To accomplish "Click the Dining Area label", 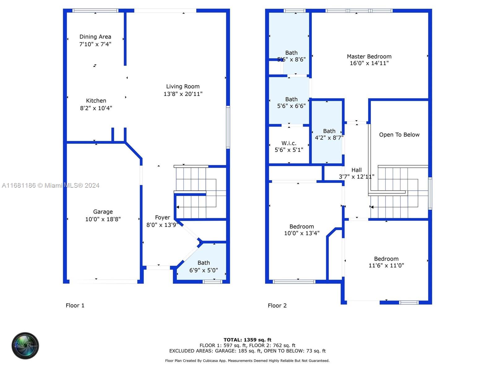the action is click(95, 37).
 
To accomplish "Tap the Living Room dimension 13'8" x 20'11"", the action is click(183, 94).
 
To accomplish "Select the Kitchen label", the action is click(96, 101).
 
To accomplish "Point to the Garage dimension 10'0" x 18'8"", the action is click(103, 219).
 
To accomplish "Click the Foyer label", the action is click(162, 217).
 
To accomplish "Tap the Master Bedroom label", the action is click(369, 57).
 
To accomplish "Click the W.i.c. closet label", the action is click(289, 143).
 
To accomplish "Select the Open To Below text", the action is click(399, 135).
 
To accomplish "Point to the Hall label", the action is click(356, 170).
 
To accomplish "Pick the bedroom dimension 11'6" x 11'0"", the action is click(386, 266).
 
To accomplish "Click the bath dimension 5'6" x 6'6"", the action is click(291, 106).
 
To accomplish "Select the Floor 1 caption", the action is click(75, 305).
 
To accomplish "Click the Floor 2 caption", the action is click(277, 306).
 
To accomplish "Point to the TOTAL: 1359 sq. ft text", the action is click(247, 340).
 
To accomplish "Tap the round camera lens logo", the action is click(25, 346).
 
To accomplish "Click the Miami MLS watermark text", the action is click(50, 185).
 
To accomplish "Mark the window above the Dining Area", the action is click(95, 11).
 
